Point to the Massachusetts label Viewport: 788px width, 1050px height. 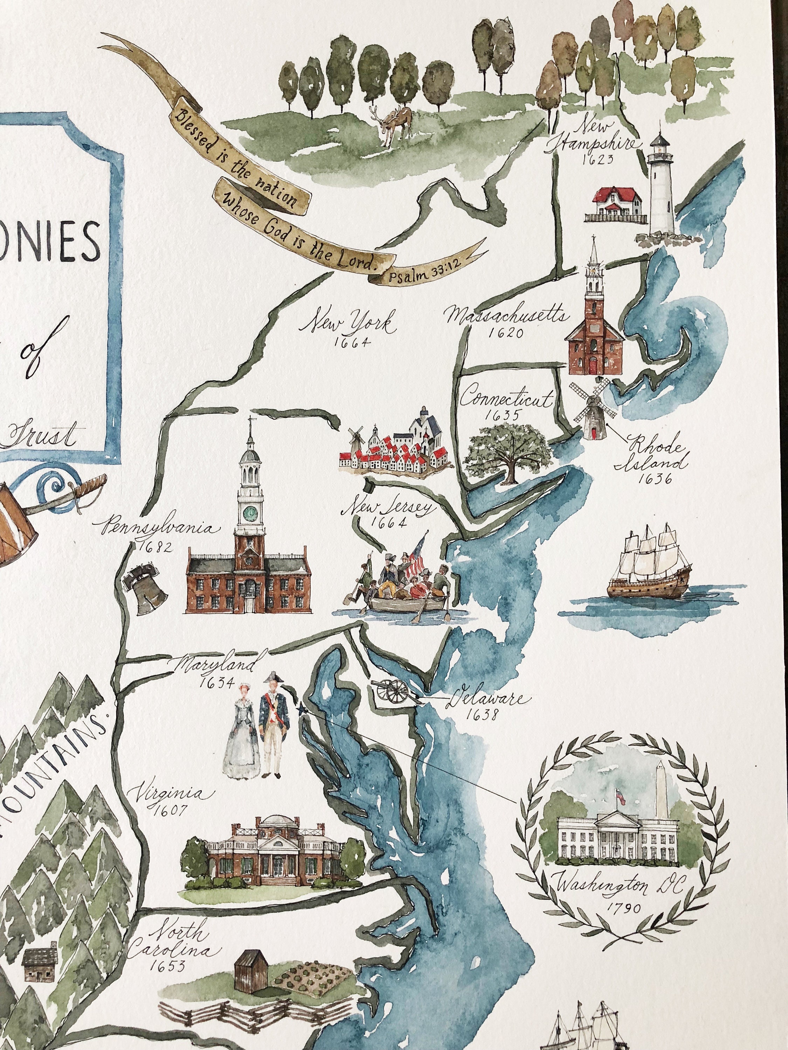pyautogui.click(x=507, y=315)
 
